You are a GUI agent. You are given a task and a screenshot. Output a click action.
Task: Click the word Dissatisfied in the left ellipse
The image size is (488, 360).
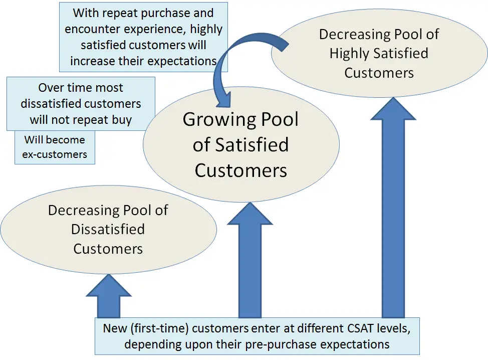(x=108, y=230)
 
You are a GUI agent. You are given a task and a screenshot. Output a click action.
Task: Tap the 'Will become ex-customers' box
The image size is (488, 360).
(x=55, y=147)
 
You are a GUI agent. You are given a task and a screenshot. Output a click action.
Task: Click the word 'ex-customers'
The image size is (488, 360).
(x=55, y=154)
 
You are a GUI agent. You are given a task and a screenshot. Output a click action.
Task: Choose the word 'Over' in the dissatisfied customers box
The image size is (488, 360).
(x=52, y=88)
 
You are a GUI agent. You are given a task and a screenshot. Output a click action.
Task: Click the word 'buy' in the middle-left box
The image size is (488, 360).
(x=122, y=120)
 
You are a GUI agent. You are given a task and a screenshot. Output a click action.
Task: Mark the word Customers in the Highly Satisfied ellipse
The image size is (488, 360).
(x=379, y=73)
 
